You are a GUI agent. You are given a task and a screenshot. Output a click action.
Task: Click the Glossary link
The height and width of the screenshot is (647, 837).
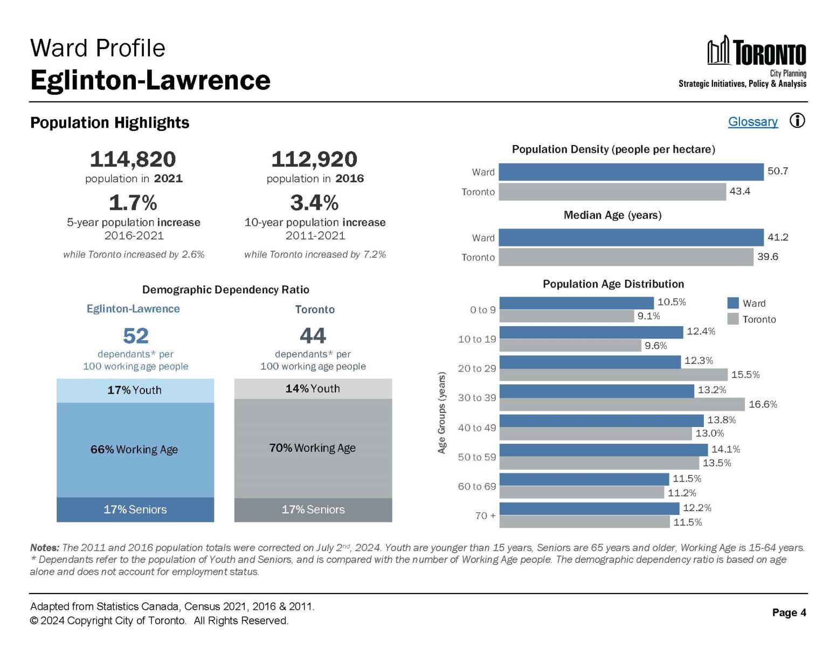752,122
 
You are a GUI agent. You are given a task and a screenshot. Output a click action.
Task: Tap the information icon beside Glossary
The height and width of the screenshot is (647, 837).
797,121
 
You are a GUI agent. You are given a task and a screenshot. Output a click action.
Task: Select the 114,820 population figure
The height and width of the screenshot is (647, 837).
133,160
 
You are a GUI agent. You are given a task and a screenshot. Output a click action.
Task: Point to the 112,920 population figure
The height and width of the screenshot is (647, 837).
314,160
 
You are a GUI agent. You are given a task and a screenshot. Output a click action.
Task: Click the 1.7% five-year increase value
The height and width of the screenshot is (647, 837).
133,203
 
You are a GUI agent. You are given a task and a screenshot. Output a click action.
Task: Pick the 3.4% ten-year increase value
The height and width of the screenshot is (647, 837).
314,203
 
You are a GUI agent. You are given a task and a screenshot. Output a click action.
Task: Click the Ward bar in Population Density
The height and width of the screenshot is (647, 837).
631,172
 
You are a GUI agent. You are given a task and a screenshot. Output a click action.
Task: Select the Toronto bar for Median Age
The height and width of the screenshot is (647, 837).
625,257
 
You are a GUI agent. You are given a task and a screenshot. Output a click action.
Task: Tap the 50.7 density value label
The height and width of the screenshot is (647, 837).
778,171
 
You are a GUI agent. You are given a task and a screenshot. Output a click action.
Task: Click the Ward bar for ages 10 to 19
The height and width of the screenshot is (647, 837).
591,332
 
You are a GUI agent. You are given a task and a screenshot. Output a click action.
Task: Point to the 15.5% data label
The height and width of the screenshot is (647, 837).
745,375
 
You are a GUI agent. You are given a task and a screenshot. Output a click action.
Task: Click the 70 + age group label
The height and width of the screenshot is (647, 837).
485,516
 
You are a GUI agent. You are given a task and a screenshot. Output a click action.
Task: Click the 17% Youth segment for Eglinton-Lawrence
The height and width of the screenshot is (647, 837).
135,390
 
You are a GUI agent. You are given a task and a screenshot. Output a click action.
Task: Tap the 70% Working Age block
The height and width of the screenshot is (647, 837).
313,448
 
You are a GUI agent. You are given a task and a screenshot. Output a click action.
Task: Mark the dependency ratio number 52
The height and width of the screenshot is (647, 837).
135,336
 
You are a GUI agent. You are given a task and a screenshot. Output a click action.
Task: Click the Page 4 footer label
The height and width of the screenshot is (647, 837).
788,612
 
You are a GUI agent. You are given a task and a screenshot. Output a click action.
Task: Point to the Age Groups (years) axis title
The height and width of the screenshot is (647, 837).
442,412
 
